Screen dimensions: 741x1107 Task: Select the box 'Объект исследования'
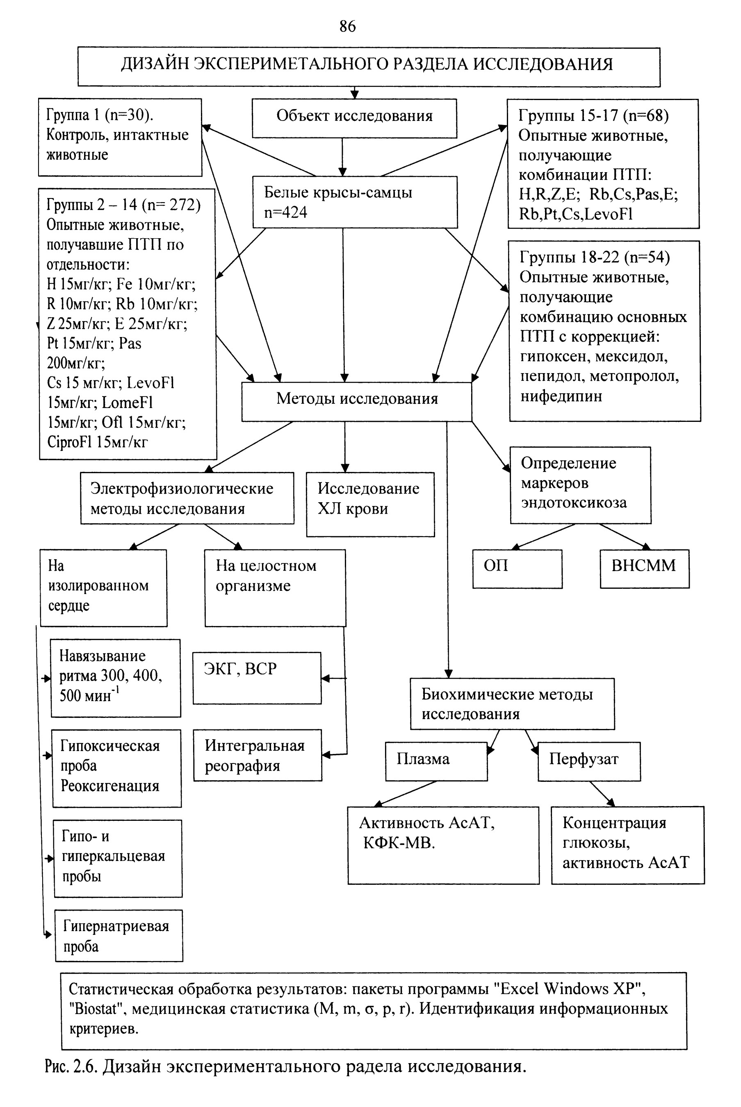click(x=354, y=118)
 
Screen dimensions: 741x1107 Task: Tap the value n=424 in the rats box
click(x=286, y=213)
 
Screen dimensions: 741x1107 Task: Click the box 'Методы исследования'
click(x=357, y=402)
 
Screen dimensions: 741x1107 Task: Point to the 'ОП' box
click(x=518, y=569)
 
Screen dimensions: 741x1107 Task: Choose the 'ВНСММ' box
click(x=645, y=569)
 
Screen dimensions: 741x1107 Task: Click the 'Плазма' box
click(x=436, y=761)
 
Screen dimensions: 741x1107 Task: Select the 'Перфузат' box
click(x=589, y=761)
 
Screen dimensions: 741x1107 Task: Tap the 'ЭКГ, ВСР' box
click(x=257, y=678)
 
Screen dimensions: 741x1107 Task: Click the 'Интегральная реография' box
click(x=258, y=755)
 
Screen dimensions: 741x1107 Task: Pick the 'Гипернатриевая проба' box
click(x=119, y=936)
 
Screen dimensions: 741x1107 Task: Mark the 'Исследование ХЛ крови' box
click(x=371, y=504)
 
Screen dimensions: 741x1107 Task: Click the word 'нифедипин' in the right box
click(x=561, y=396)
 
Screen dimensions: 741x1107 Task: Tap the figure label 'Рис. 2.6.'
click(x=72, y=1066)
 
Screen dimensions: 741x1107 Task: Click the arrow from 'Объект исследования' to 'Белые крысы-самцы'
click(x=343, y=157)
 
